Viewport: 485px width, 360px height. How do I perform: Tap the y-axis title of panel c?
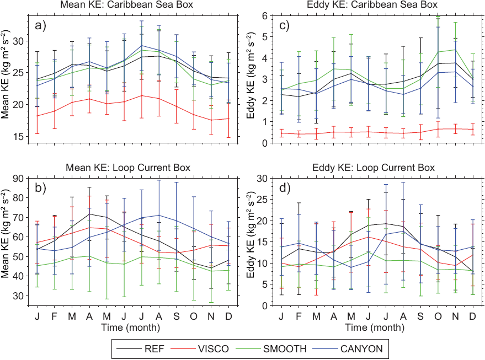point(249,79)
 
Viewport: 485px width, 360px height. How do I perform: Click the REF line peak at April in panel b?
point(89,214)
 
